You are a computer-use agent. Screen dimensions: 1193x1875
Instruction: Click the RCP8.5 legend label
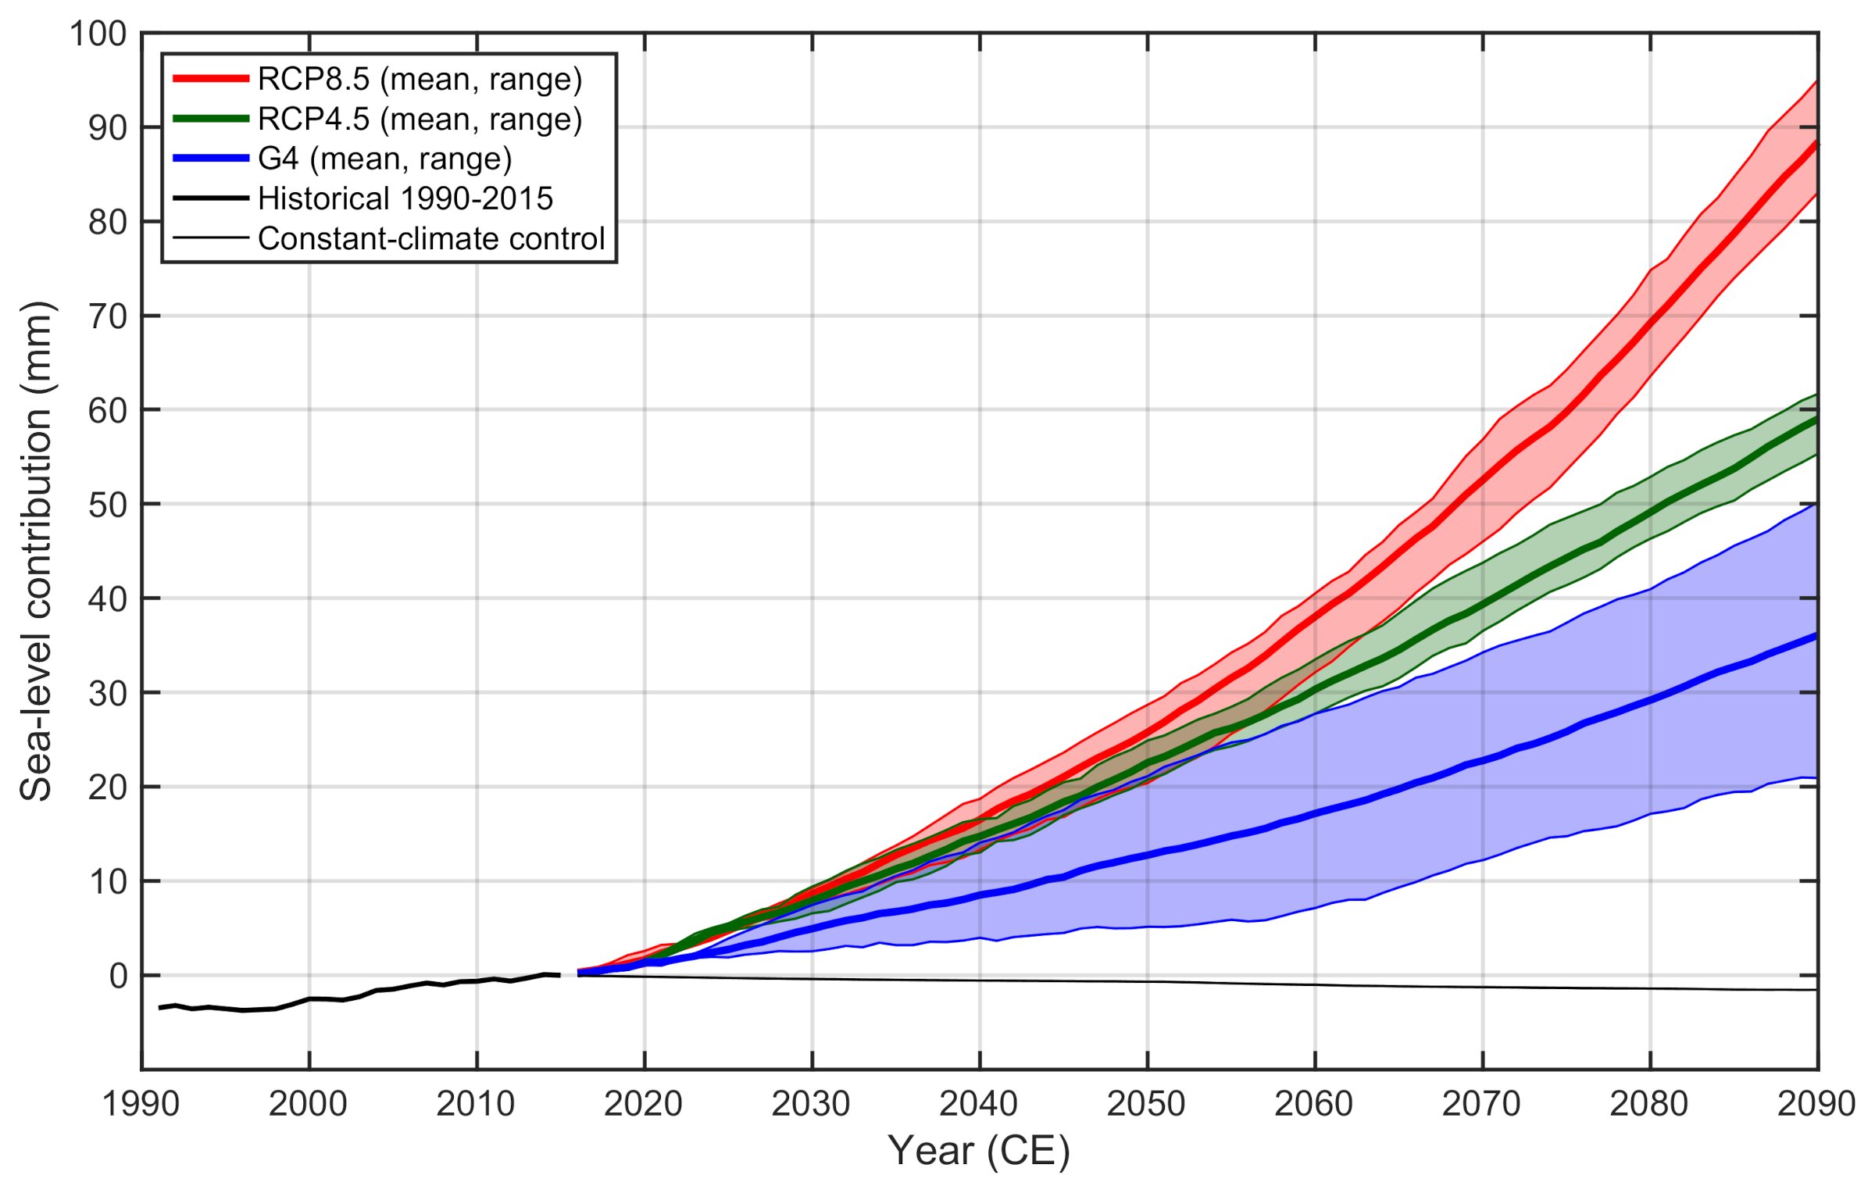pyautogui.click(x=420, y=79)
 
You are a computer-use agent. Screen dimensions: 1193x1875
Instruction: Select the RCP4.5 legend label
pyautogui.click(x=420, y=120)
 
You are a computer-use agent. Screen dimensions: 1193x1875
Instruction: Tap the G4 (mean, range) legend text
pyautogui.click(x=384, y=159)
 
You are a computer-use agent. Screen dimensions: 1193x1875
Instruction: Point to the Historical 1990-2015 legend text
pyautogui.click(x=405, y=199)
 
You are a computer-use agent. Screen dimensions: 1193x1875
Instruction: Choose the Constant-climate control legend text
pyautogui.click(x=431, y=239)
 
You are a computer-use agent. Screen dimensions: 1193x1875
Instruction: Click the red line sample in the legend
pyautogui.click(x=210, y=78)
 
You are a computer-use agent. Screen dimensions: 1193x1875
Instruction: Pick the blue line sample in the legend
pyautogui.click(x=210, y=159)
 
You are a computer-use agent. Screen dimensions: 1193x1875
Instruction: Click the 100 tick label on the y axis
pyautogui.click(x=98, y=34)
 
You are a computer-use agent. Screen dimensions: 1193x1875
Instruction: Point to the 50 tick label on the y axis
pyautogui.click(x=108, y=505)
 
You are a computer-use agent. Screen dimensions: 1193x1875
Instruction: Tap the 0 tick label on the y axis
pyautogui.click(x=118, y=976)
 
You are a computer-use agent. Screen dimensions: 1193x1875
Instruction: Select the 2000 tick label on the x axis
pyautogui.click(x=309, y=1104)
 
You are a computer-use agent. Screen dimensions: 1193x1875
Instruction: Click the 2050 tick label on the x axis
pyautogui.click(x=1146, y=1104)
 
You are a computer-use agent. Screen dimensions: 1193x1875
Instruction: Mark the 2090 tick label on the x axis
pyautogui.click(x=1816, y=1104)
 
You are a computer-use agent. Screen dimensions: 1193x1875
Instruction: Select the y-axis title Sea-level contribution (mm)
pyautogui.click(x=36, y=551)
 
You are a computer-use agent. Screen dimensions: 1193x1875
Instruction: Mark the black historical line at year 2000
pyautogui.click(x=309, y=998)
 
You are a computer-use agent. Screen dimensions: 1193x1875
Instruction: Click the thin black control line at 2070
pyautogui.click(x=1483, y=987)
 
